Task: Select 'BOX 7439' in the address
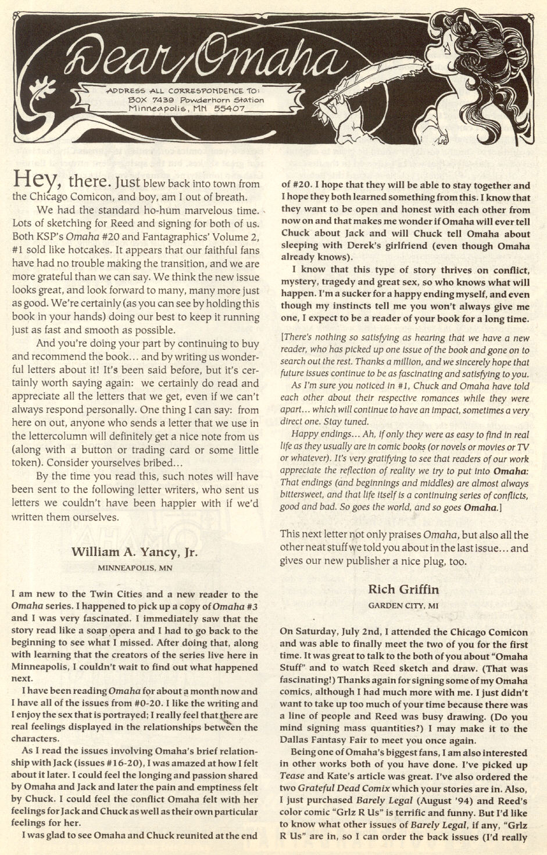pos(147,100)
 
